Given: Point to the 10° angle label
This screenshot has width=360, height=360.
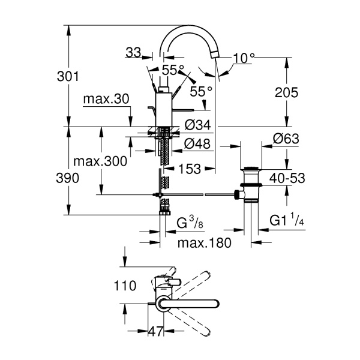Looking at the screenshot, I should point(244,58).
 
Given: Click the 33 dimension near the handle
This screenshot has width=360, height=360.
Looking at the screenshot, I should point(133,53).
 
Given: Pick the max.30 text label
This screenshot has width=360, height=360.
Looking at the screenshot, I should point(106,99).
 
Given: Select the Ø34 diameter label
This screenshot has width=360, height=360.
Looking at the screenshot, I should point(197,125).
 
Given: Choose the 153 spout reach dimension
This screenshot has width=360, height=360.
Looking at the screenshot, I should point(190,169).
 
